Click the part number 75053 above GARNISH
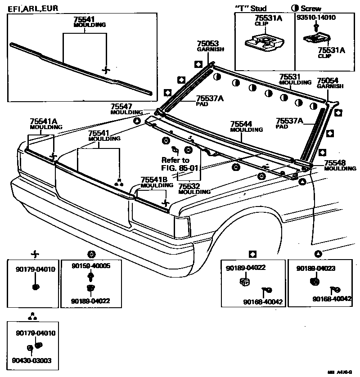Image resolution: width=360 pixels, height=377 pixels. [x=207, y=44]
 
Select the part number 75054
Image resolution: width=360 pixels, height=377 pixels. [x=328, y=81]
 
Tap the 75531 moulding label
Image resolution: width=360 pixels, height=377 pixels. [x=289, y=77]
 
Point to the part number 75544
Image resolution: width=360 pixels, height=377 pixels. [x=241, y=124]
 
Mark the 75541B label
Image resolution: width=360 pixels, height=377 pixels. [x=154, y=180]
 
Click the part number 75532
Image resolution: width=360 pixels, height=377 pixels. [x=189, y=186]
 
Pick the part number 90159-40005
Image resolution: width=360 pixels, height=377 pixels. [x=91, y=266]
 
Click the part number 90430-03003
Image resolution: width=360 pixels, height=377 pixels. [x=31, y=360]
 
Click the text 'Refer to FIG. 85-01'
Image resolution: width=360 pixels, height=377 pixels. [x=176, y=164]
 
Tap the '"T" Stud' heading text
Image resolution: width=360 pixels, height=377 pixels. [x=251, y=8]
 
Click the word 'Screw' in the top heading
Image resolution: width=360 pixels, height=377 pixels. [x=311, y=8]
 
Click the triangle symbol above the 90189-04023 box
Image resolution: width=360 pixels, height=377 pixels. [x=318, y=254]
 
